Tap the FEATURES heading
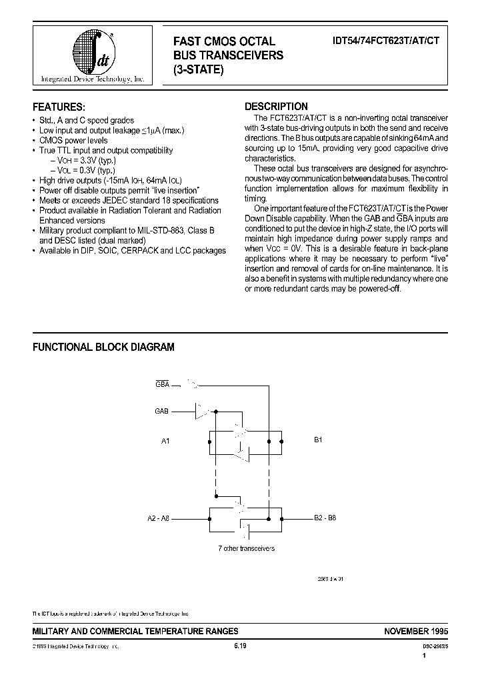coord(59,107)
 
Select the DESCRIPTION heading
coord(276,106)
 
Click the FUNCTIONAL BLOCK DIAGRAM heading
coord(103,347)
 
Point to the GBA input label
coord(162,385)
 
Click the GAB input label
coord(162,412)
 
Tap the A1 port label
coord(167,441)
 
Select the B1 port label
coord(318,441)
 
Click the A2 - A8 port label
coord(159,518)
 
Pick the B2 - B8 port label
coord(325,518)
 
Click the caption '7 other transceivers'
coord(247,548)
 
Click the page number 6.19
coord(240,646)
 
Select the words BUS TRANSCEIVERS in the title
coord(228,55)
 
